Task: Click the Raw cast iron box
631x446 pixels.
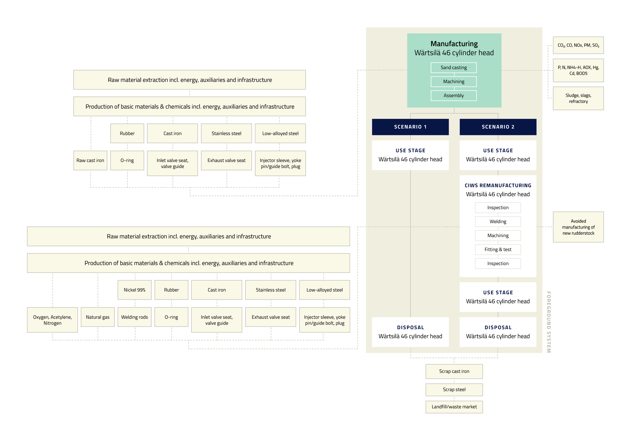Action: tap(90, 160)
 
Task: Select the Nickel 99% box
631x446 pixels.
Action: tap(134, 290)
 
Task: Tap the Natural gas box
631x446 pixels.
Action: tap(98, 317)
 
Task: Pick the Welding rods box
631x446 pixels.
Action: tap(134, 317)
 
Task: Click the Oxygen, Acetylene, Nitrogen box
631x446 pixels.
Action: tap(52, 320)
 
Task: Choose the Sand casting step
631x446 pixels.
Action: tap(453, 68)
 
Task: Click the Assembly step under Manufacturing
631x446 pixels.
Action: tap(453, 96)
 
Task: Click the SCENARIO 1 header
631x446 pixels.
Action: tap(410, 127)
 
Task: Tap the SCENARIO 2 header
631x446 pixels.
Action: tap(498, 127)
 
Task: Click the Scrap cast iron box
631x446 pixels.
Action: tap(454, 371)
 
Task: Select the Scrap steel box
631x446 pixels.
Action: tap(454, 390)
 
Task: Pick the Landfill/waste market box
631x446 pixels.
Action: tap(454, 407)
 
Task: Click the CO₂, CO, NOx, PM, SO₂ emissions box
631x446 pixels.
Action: tap(578, 45)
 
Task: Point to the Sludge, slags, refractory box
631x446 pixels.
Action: tap(578, 98)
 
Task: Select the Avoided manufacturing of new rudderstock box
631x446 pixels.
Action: tap(578, 227)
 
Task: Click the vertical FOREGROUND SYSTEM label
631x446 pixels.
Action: tap(549, 322)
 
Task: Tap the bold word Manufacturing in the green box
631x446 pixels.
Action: tap(454, 44)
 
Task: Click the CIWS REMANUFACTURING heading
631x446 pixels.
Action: tap(498, 186)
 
